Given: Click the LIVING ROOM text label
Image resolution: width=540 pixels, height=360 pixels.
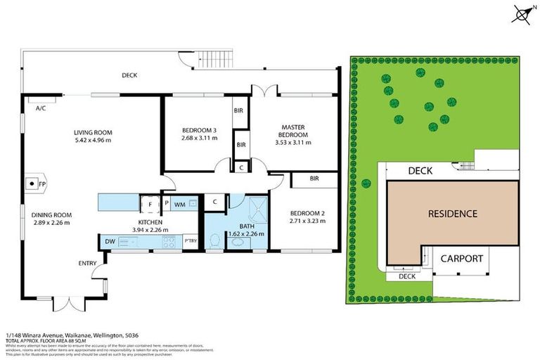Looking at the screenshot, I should [93, 132].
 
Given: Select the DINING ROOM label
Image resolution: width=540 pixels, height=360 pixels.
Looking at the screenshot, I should [52, 215].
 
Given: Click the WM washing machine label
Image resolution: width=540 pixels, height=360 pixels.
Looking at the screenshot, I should [179, 205].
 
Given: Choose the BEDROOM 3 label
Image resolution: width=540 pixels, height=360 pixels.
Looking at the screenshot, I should [199, 129].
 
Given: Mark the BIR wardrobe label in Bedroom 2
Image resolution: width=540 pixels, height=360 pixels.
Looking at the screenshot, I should [314, 180].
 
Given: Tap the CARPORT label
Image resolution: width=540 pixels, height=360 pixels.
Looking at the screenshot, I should [461, 258].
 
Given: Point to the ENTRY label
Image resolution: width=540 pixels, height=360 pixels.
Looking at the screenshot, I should [88, 264].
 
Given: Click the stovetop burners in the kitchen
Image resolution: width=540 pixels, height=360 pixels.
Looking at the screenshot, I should [169, 243].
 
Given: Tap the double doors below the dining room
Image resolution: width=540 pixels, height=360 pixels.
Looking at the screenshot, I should [63, 304].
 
